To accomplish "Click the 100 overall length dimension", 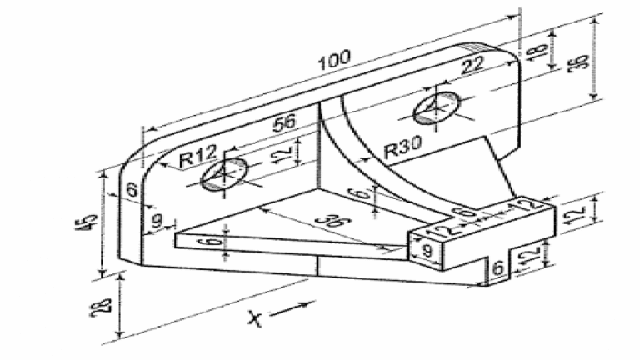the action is tap(334, 60).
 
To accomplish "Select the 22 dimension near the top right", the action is tap(472, 64).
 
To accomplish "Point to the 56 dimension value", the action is tap(284, 122).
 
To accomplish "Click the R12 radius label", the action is tap(198, 156).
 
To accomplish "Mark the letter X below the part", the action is tap(255, 318).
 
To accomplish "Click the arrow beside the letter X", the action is tap(292, 309).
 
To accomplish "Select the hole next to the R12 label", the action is tap(224, 174).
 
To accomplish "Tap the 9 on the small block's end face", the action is tap(427, 250).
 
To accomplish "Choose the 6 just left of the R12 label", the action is tap(132, 190).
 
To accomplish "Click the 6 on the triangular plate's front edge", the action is tap(214, 242).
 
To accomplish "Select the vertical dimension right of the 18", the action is tap(580, 61).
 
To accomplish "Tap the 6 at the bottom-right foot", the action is tap(498, 267).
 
